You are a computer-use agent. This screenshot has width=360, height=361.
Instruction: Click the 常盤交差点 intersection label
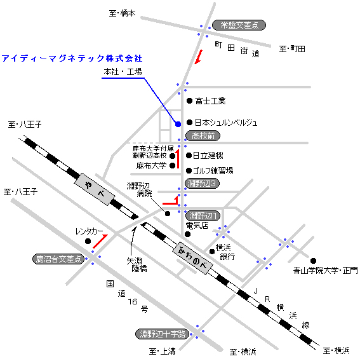pyautogui.click(x=239, y=25)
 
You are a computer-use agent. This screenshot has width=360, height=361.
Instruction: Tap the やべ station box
pyautogui.click(x=95, y=189)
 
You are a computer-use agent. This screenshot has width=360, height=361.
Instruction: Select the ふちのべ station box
pyautogui.click(x=192, y=258)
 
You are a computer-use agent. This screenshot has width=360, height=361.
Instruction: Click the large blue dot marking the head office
pyautogui.click(x=178, y=125)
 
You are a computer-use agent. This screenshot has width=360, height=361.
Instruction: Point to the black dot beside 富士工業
pyautogui.click(x=189, y=100)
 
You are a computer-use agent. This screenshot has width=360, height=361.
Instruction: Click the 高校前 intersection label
pyautogui.click(x=203, y=136)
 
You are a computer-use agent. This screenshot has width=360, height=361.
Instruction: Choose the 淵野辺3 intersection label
pyautogui.click(x=202, y=184)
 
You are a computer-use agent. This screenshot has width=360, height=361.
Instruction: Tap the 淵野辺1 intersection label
pyautogui.click(x=203, y=216)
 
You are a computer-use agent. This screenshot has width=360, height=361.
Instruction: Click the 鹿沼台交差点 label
pyautogui.click(x=58, y=259)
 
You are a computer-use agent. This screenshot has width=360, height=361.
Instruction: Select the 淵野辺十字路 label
pyautogui.click(x=162, y=334)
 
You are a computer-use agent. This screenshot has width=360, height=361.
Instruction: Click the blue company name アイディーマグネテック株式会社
pyautogui.click(x=72, y=58)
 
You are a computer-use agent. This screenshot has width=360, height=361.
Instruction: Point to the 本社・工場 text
pyautogui.click(x=123, y=72)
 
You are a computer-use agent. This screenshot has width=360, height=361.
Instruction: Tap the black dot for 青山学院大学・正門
pyautogui.click(x=313, y=261)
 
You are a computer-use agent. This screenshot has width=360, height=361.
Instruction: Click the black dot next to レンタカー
pyautogui.click(x=88, y=241)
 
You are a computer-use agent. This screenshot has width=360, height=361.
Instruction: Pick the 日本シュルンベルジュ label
pyautogui.click(x=226, y=123)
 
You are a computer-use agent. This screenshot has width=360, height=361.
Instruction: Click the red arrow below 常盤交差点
pyautogui.click(x=199, y=57)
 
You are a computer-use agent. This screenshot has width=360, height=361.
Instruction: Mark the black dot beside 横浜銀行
pyautogui.click(x=212, y=252)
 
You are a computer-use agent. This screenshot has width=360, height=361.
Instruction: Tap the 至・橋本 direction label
pyautogui.click(x=122, y=13)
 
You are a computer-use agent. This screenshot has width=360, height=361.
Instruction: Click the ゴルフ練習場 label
pyautogui.click(x=213, y=171)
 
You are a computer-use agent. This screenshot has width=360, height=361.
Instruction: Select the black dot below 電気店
pyautogui.click(x=188, y=234)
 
